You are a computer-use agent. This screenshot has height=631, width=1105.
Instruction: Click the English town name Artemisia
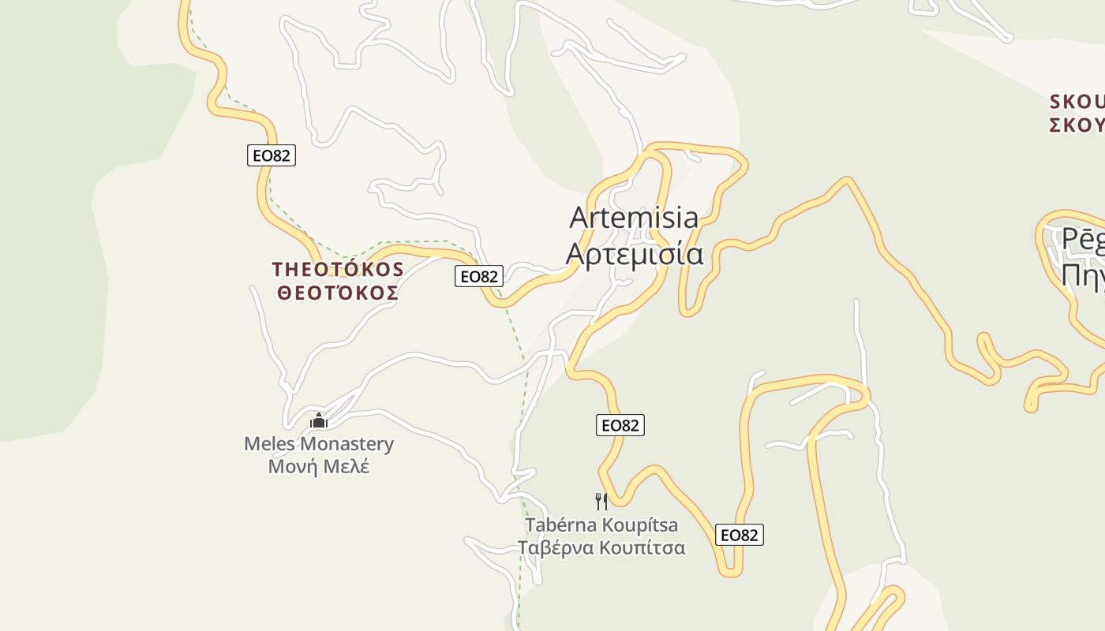point(634,217)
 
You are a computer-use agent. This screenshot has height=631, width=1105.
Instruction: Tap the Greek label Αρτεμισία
point(635,254)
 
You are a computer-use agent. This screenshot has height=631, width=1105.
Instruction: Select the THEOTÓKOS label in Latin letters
point(338,270)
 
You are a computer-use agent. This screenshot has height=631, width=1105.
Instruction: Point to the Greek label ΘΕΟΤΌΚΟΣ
point(338,293)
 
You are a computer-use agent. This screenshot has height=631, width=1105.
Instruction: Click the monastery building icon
point(319,420)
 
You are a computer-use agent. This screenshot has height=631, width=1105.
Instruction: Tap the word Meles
point(270,444)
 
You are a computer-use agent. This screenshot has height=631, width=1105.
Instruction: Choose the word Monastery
point(346,444)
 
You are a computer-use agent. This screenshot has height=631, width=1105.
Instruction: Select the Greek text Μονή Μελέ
point(319,466)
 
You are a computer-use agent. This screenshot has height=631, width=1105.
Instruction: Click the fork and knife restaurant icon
point(601,501)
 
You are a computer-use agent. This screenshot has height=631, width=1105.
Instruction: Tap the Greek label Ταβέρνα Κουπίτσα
point(601,547)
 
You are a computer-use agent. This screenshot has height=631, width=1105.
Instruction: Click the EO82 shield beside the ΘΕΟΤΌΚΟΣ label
point(479,276)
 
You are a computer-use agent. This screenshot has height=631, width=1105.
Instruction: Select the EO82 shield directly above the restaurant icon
point(620,425)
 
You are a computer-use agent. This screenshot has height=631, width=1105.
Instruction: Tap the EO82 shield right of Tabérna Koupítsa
point(740,535)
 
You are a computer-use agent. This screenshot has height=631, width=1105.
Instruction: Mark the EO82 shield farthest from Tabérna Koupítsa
point(271,155)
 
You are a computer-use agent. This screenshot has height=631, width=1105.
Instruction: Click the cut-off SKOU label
point(1077,102)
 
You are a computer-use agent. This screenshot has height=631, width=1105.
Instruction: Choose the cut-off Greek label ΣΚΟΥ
point(1077,125)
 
